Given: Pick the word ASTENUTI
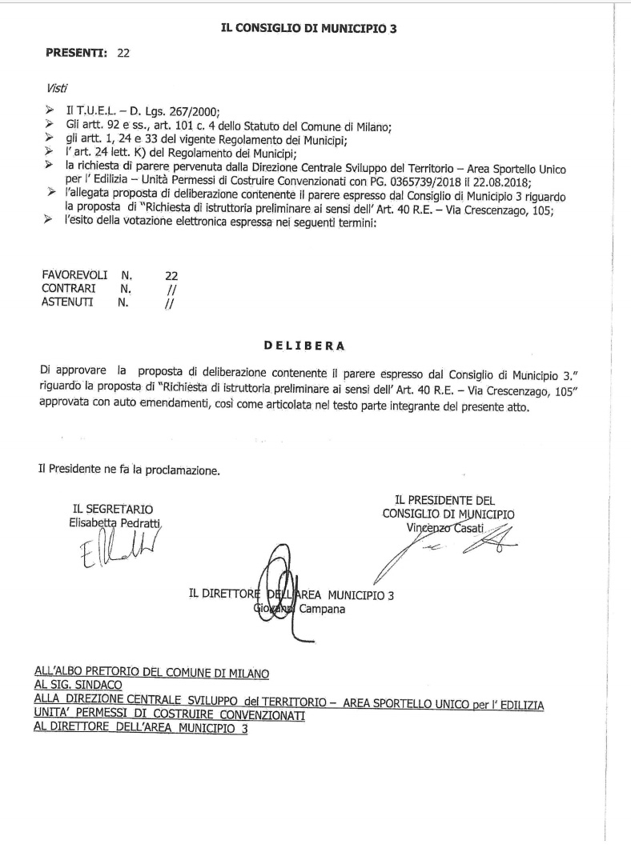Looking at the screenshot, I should click(x=69, y=302).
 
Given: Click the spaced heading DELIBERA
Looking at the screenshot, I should click(x=304, y=346).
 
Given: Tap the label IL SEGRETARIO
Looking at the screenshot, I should click(x=113, y=509).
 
